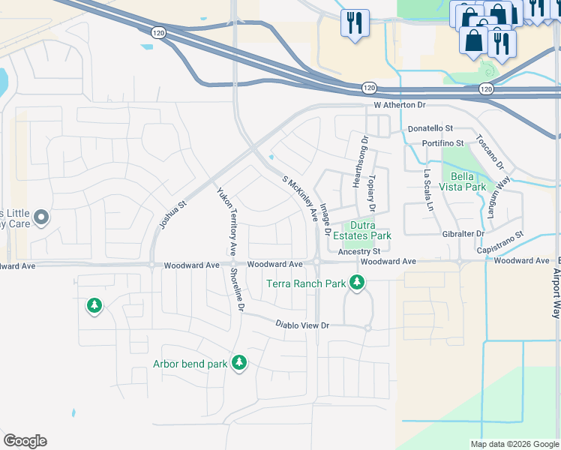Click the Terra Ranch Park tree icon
pyautogui.click(x=358, y=283)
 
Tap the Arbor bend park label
pyautogui.click(x=190, y=364)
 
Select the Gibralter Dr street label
pyautogui.click(x=459, y=234)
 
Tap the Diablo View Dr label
pyautogui.click(x=302, y=325)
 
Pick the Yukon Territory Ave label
pyautogui.click(x=228, y=219)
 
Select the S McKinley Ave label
pyautogui.click(x=300, y=198)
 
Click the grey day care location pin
pyautogui.click(x=41, y=218)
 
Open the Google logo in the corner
pyautogui.click(x=25, y=441)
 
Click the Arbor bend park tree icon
pyautogui.click(x=239, y=364)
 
